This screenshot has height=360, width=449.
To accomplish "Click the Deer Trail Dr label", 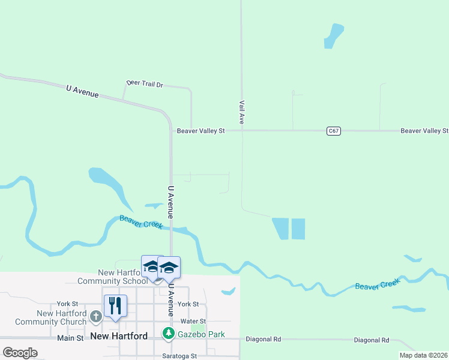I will (x=145, y=84).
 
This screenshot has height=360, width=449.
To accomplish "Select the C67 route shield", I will (x=334, y=130).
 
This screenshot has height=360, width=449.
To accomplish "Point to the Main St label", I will (x=71, y=338).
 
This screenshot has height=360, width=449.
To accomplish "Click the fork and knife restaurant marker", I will (x=115, y=305).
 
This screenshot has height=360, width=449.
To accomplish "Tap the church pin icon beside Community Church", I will (x=96, y=316).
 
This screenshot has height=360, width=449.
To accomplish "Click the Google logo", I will (x=20, y=353).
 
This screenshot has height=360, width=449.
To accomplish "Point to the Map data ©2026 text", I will (x=424, y=355).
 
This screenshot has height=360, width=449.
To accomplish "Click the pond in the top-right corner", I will (x=333, y=35).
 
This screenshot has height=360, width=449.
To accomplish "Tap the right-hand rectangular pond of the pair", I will (x=298, y=229).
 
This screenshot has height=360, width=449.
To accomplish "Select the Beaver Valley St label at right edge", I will (x=424, y=130).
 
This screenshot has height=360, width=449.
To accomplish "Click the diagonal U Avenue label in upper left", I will (x=82, y=91).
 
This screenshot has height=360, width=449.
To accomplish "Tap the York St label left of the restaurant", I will (x=68, y=304).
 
